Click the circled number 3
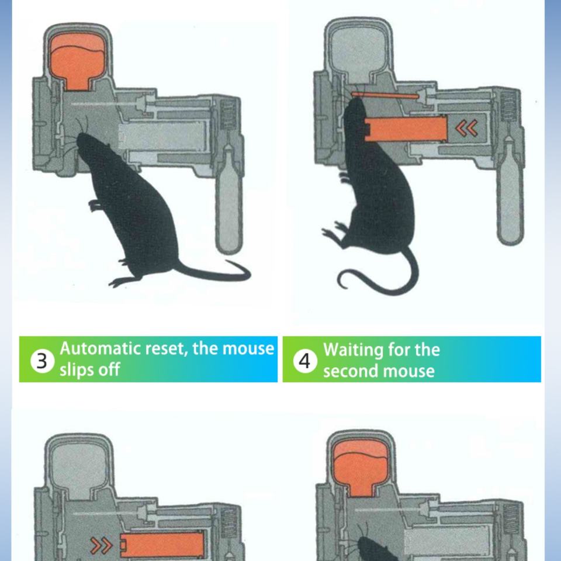(x=42, y=361)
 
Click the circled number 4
(x=305, y=361)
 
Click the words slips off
(x=89, y=369)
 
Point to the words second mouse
(x=379, y=371)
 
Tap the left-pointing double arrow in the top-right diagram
(x=467, y=128)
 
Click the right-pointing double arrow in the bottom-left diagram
(x=102, y=545)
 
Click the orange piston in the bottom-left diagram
(x=161, y=546)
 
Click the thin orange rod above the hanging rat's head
(x=385, y=95)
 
